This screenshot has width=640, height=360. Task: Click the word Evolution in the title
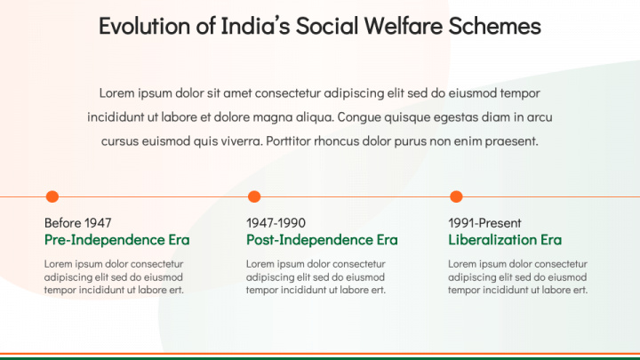pyautogui.click(x=145, y=26)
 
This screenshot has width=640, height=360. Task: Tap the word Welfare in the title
pyautogui.click(x=403, y=26)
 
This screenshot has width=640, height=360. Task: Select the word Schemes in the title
pyautogui.click(x=495, y=26)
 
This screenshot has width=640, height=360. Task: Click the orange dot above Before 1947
pyautogui.click(x=52, y=196)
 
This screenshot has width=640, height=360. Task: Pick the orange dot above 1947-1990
pyautogui.click(x=254, y=196)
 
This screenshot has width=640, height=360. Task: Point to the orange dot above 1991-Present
pyautogui.click(x=456, y=196)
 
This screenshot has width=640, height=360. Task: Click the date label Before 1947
pyautogui.click(x=77, y=223)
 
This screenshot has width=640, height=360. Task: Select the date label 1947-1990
pyautogui.click(x=276, y=223)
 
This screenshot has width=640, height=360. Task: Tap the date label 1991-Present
pyautogui.click(x=485, y=223)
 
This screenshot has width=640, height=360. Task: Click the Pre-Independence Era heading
pyautogui.click(x=117, y=240)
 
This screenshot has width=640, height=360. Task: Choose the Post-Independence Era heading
pyautogui.click(x=322, y=240)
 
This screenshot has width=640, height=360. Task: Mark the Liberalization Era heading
pyautogui.click(x=505, y=240)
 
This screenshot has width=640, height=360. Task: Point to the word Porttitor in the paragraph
pyautogui.click(x=288, y=141)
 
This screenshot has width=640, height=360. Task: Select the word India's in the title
pyautogui.click(x=255, y=26)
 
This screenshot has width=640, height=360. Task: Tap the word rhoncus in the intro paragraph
pyautogui.click(x=336, y=141)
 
